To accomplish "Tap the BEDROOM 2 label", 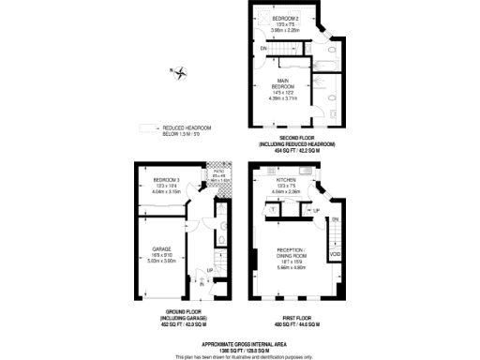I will [x=286, y=18].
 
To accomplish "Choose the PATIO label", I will [x=217, y=172].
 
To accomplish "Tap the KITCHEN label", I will [x=287, y=178].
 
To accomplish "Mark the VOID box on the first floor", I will [x=335, y=254].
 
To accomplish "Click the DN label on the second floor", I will [x=264, y=48].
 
